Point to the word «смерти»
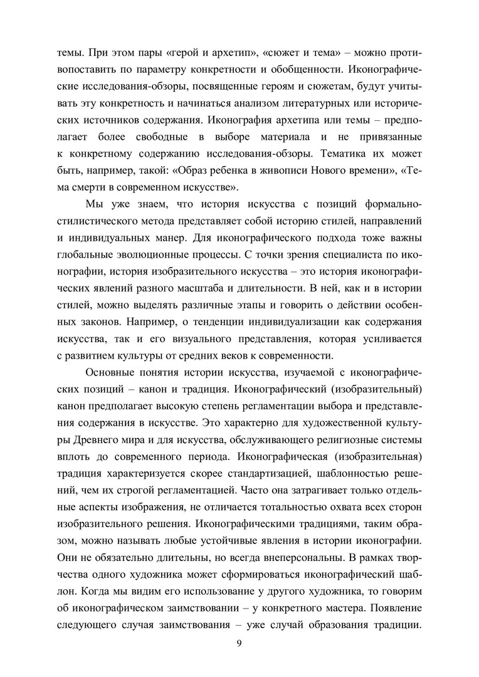click(x=83, y=187)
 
